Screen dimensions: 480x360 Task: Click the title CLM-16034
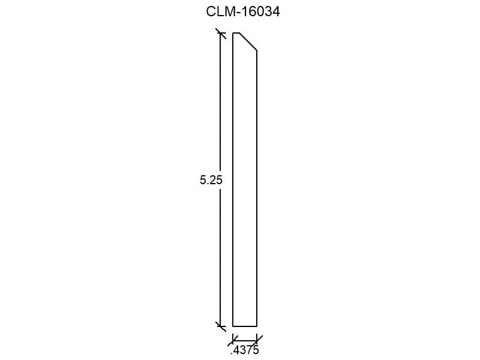click(243, 11)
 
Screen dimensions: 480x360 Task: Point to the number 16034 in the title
click(261, 11)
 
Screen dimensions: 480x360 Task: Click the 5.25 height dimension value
click(211, 180)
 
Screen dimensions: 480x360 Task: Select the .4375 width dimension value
click(245, 350)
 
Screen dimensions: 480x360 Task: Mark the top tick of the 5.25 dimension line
click(221, 33)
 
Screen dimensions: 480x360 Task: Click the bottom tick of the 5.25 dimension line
click(221, 326)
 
